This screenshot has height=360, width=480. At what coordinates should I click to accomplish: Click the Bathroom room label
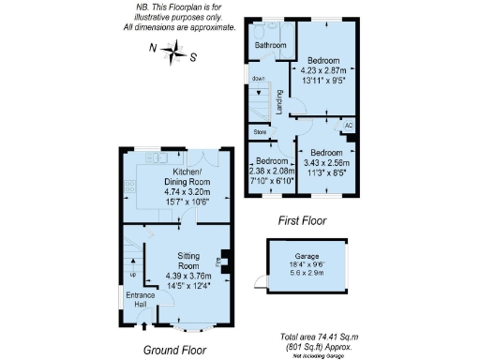pyautogui.click(x=271, y=44)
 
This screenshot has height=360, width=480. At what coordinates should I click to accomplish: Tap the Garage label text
pyautogui.click(x=307, y=255)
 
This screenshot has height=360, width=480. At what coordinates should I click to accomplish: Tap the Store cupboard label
pyautogui.click(x=261, y=133)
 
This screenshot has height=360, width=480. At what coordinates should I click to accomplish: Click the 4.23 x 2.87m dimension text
pyautogui.click(x=323, y=70)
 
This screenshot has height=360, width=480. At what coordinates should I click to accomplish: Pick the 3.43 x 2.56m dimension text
pyautogui.click(x=323, y=163)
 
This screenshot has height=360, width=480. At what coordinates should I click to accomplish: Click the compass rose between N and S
pyautogui.click(x=173, y=53)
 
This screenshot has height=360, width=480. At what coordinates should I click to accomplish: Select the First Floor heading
pyautogui.click(x=301, y=221)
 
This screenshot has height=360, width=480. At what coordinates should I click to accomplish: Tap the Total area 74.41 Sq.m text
pyautogui.click(x=321, y=337)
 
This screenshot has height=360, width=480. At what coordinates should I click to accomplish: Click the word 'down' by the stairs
pyautogui.click(x=258, y=78)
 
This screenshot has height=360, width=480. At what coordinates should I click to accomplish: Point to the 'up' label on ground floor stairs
pyautogui.click(x=130, y=275)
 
